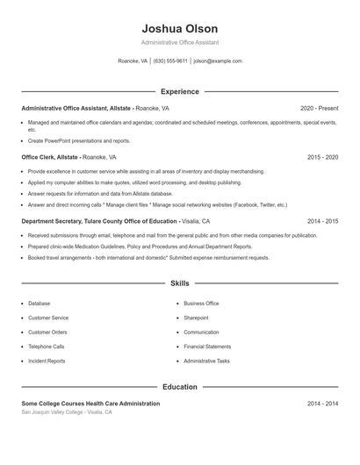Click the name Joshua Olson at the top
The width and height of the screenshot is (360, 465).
179,29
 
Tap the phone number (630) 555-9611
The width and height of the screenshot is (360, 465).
170,61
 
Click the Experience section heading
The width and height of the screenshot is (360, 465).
179,91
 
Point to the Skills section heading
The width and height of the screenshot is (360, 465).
179,283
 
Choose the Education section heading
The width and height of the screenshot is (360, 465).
179,386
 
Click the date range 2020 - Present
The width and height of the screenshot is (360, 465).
319,108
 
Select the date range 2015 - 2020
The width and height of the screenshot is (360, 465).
322,157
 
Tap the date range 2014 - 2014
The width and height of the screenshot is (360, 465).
322,404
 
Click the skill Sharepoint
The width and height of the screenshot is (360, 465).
196,318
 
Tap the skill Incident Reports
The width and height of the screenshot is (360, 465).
47,361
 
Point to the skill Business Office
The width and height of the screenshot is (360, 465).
201,304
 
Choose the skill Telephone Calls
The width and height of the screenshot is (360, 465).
47,347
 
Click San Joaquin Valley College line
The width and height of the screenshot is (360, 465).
67,411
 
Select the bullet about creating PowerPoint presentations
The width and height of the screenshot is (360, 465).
79,140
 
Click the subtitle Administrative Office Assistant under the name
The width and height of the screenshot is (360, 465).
179,42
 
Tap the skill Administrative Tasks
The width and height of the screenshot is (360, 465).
206,361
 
